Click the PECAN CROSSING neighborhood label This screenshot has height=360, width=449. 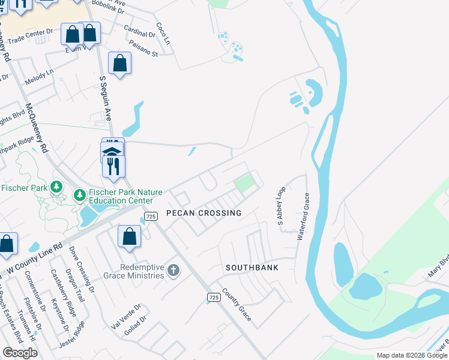pos(203,213)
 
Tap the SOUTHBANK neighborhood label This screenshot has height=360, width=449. pos(252,267)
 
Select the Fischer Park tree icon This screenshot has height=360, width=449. pos(56,187)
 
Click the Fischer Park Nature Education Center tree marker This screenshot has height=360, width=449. pos(79,195)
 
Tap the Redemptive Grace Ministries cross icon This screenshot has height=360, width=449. pos(173,271)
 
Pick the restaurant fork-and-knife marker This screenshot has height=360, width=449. pos(113,165)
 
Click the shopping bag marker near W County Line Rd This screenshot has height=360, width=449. pos(129,236)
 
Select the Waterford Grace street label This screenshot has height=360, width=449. pos(303,216)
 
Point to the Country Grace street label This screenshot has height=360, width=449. pos(237,305)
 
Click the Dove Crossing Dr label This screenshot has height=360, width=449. pos(82,269)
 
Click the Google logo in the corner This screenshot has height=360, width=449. pos(20,353)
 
